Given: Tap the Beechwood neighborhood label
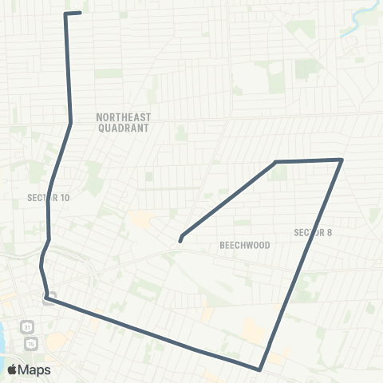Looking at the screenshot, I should pos(245,245).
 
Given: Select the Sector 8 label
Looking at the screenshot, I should pos(312,232).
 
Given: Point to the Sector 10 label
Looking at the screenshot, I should pos(49,197).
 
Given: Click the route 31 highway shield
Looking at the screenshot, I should pos(28,327).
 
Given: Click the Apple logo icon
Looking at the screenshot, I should pos(12,369).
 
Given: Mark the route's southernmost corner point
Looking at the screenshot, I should pos(260,369).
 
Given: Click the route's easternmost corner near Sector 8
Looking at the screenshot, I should pos(342,160).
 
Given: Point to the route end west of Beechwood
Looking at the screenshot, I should pos(181,238).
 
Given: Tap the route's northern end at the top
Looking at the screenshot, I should pos(79,13).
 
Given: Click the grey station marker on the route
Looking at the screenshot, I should pos(49,300).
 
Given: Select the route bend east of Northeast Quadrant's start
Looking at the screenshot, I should pos(71,123).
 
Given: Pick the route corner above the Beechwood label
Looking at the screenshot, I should pos(276,163).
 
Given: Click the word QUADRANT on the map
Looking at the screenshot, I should pos(124,127).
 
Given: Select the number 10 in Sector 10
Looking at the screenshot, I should pos(65,197).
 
